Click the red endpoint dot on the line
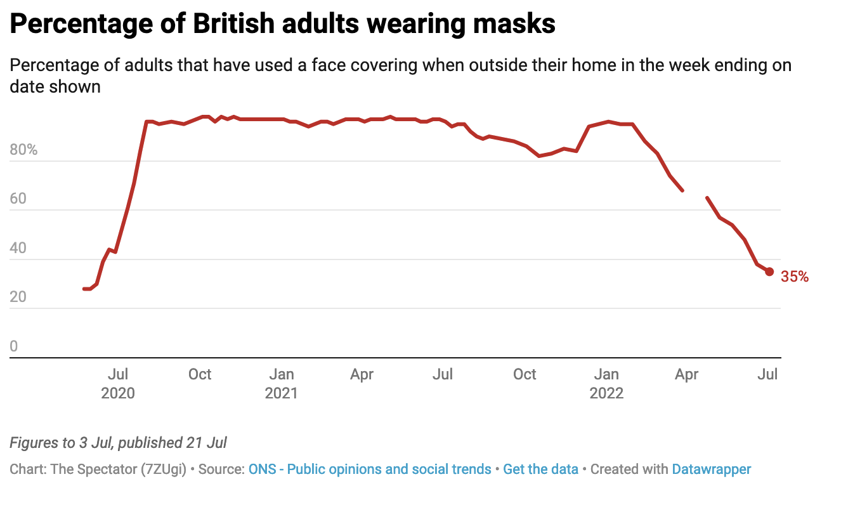click(x=769, y=272)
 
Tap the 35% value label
click(x=794, y=277)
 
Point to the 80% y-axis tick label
click(x=23, y=150)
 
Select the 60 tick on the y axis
click(x=19, y=199)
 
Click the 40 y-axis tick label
click(x=19, y=248)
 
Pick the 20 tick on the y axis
click(x=19, y=298)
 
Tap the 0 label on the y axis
click(x=14, y=346)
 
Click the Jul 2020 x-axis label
click(x=118, y=383)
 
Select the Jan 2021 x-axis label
click(x=281, y=383)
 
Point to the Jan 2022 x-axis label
click(x=607, y=383)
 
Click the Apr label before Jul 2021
click(x=362, y=374)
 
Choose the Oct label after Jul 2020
click(x=199, y=374)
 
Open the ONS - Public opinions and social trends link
click(x=370, y=469)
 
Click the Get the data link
click(x=540, y=469)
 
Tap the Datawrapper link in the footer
click(x=711, y=469)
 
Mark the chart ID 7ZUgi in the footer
click(x=166, y=469)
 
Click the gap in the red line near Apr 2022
click(x=694, y=194)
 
